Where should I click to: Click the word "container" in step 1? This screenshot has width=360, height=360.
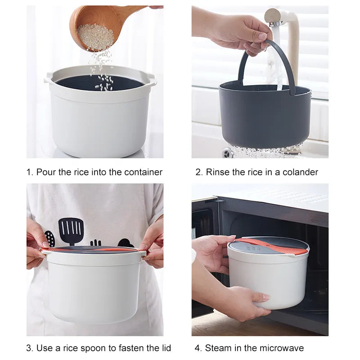click(x=143, y=172)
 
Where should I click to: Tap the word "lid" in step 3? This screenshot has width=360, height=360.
click(x=166, y=347)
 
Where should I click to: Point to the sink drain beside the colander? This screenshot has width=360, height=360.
click(x=227, y=152)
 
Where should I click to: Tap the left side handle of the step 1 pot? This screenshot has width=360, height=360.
click(x=48, y=77)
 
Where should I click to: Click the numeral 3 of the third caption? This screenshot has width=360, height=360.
click(x=29, y=348)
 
